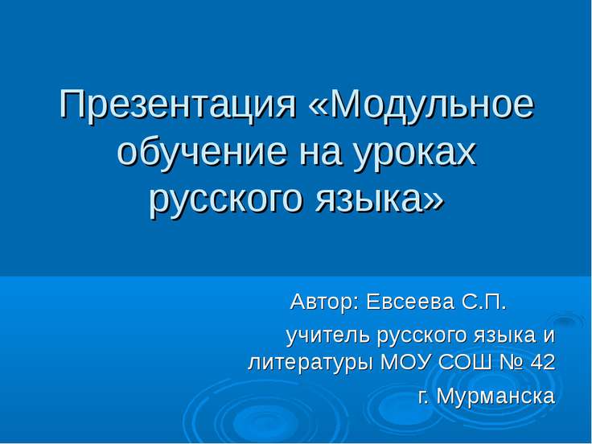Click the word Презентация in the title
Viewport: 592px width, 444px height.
[178, 106]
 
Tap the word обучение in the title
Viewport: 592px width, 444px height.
[201, 153]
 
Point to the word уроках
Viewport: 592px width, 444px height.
[413, 154]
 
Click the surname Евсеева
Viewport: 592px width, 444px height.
[410, 302]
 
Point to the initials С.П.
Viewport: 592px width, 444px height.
[483, 302]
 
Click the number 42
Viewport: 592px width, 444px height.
[543, 362]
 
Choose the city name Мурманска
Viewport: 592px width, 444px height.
[495, 397]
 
